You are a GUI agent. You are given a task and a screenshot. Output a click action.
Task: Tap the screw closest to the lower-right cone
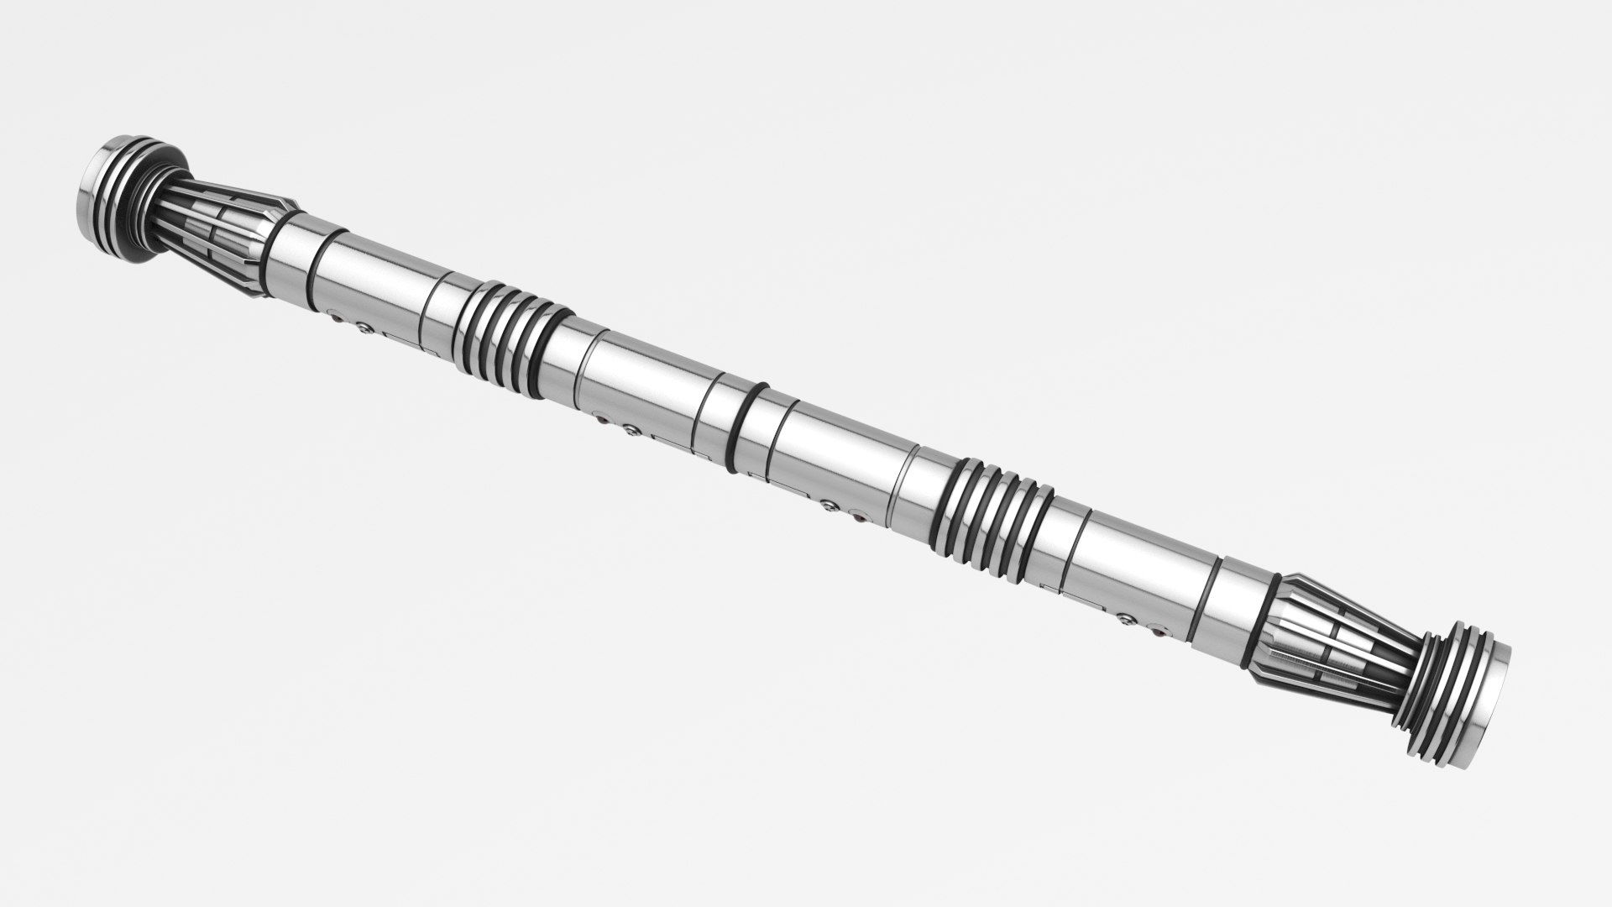point(1126,619)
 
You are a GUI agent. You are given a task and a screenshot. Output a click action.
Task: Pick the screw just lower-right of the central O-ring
point(830,506)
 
